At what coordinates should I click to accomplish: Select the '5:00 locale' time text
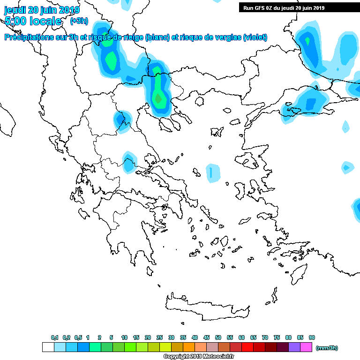tap(33, 21)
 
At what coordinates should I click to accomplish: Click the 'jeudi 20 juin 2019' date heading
tap(42, 9)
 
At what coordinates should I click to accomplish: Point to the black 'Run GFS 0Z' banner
tap(284, 7)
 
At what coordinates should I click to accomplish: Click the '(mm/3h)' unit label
tap(327, 348)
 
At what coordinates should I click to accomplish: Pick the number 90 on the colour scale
tap(312, 337)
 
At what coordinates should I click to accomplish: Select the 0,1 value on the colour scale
tap(54, 337)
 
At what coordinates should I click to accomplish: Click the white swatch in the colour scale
tap(48, 347)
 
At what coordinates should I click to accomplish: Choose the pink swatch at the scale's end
tap(306, 347)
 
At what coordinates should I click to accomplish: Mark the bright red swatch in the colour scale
tap(247, 347)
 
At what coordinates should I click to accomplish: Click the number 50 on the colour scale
tap(218, 337)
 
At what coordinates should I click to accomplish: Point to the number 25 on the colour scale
tap(159, 337)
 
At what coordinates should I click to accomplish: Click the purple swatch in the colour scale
tap(294, 347)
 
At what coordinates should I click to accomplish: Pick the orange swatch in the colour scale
tap(189, 347)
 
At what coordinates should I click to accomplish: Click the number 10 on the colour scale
tap(124, 337)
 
